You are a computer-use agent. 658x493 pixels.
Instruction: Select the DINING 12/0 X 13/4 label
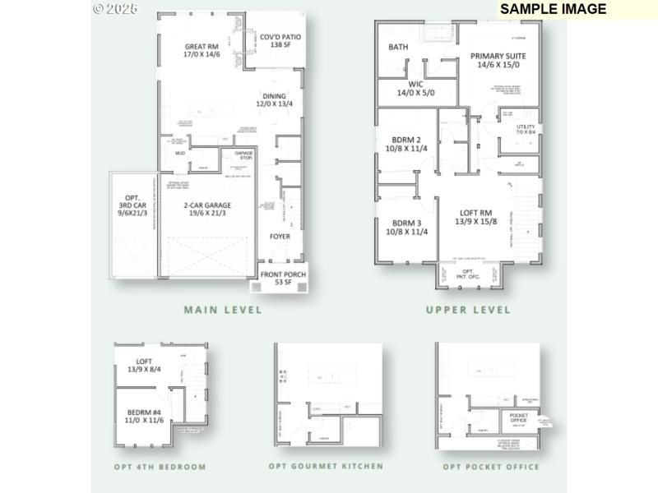tap(274, 100)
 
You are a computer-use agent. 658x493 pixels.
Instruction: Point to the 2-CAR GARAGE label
tap(206, 210)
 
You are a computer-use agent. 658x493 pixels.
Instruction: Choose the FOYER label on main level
tap(280, 237)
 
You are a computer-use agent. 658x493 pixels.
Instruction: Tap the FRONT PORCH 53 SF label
tap(278, 278)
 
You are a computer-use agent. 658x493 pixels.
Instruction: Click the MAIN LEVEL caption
tap(223, 310)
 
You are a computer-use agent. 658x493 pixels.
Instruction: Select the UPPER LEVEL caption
tap(468, 310)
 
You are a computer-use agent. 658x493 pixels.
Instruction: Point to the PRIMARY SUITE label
tap(498, 61)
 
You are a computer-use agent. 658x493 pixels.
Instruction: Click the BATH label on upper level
tap(398, 48)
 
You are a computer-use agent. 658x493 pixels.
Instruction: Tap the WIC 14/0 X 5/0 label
tap(415, 89)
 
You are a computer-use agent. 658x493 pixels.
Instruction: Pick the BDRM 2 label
tap(406, 145)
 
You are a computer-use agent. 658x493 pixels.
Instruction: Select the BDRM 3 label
tap(406, 227)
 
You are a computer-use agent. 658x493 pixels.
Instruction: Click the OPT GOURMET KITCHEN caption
tap(326, 467)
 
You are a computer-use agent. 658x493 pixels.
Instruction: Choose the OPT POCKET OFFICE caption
tap(491, 467)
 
